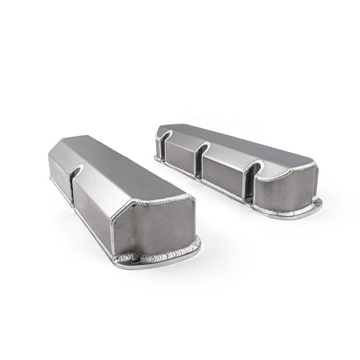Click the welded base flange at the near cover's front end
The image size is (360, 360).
159,255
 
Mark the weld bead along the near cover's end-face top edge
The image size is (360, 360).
152,201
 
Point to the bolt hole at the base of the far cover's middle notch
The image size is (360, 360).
199,178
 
